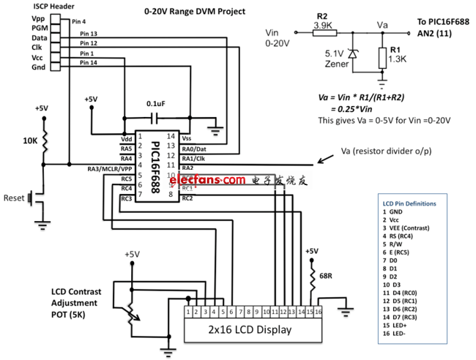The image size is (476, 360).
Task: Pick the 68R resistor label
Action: point(326,276)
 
